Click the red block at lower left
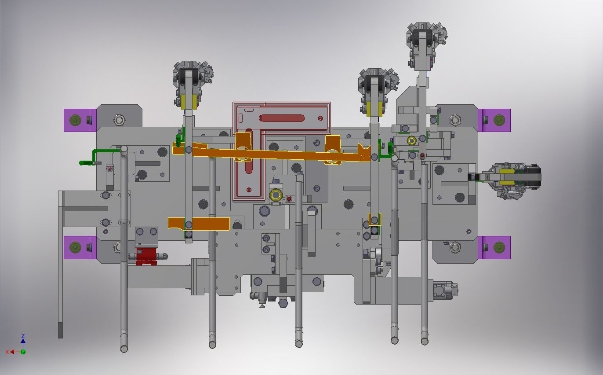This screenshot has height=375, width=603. coord(145,256)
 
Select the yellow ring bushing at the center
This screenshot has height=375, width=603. coord(276,195)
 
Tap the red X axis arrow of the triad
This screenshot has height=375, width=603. coord(9,352)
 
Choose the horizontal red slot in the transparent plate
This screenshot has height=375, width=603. coord(282,118)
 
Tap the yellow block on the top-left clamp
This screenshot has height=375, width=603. coord(189,102)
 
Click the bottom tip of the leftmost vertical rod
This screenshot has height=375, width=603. coord(124,348)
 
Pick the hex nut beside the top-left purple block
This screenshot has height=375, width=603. coord(119,120)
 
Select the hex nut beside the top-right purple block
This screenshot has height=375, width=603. coord(455,120)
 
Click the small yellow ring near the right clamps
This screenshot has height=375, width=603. coord(412,140)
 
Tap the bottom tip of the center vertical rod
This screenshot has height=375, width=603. coord(299,343)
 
